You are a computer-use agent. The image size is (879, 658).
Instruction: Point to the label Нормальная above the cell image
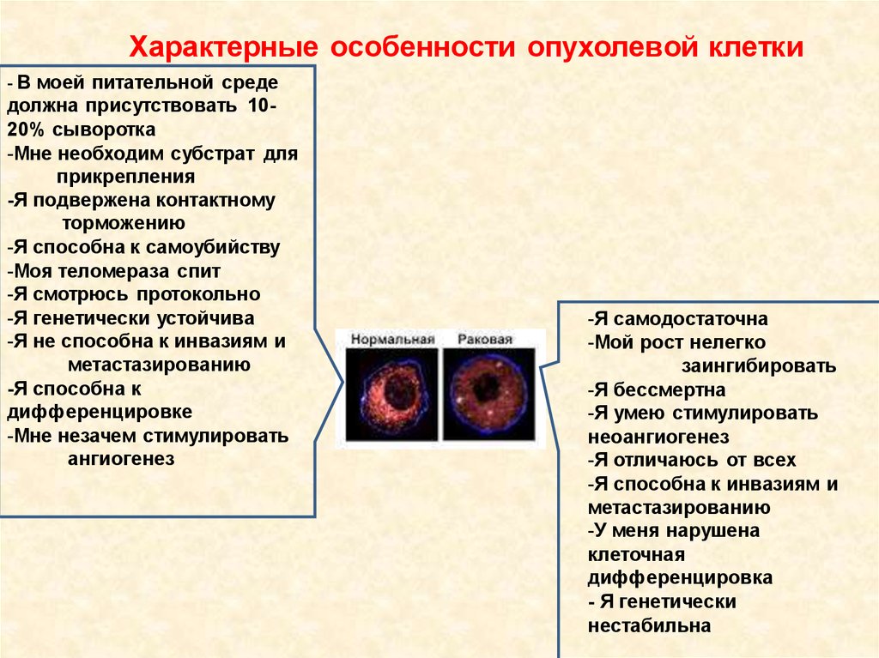click(392, 340)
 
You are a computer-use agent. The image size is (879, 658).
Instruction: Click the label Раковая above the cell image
click(485, 340)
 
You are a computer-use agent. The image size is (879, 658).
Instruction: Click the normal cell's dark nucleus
click(400, 391)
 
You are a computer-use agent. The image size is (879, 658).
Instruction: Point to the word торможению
click(124, 224)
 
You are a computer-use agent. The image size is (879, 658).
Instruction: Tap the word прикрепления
click(126, 178)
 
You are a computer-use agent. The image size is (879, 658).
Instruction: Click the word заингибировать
click(759, 366)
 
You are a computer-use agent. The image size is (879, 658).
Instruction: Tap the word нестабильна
click(649, 625)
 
